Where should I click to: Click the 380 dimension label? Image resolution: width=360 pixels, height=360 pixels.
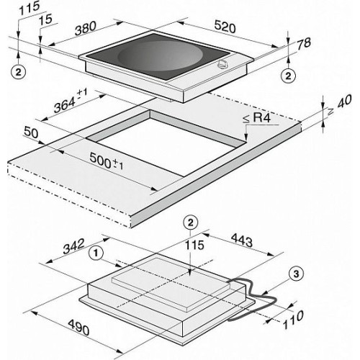point(86,28)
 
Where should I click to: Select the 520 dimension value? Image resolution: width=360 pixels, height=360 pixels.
point(225,27)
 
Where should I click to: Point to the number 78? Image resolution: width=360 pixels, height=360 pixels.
point(304,44)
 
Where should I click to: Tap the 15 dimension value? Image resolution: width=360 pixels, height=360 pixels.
point(45,19)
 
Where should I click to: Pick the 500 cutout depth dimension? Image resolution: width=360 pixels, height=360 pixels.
point(107,161)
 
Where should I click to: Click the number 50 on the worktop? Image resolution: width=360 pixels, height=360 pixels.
point(31,132)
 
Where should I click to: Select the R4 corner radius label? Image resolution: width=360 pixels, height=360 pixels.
point(257,118)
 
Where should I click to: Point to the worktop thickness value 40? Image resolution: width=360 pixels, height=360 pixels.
point(341,105)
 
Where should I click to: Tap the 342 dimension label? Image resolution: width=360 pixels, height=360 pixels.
point(73,246)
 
